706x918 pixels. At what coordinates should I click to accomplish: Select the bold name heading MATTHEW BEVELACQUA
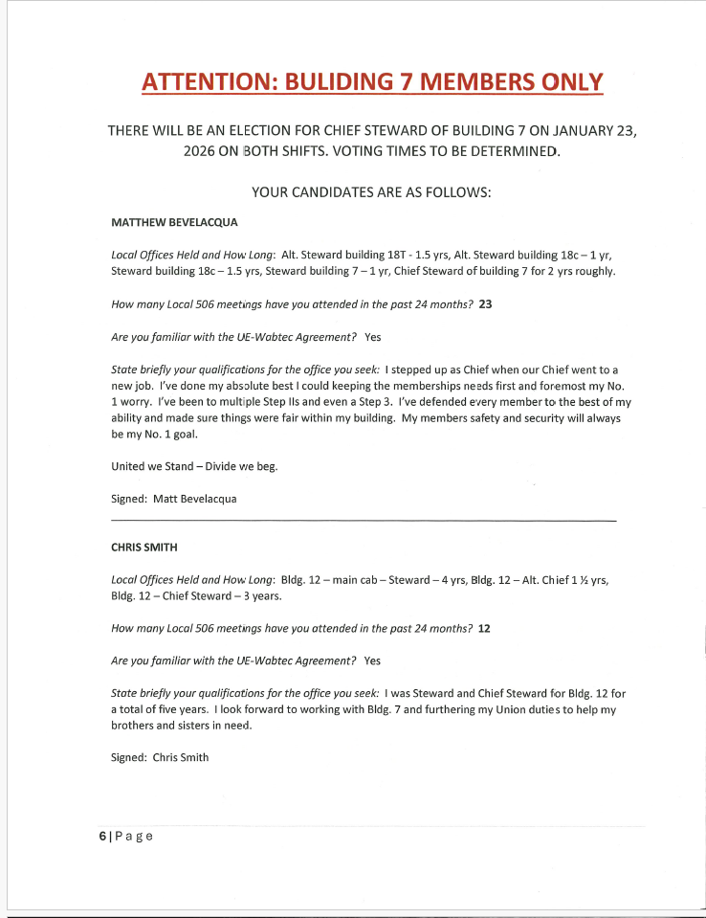(174, 223)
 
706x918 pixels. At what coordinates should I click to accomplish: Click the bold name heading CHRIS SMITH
(144, 548)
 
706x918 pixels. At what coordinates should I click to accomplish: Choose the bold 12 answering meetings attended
(484, 628)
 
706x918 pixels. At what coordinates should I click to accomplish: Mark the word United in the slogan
(129, 467)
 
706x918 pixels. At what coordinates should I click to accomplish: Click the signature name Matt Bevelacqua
(194, 499)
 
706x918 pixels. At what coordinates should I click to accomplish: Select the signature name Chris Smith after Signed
(181, 757)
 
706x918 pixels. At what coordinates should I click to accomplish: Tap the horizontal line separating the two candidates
(364, 521)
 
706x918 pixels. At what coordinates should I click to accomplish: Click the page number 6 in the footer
(102, 836)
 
